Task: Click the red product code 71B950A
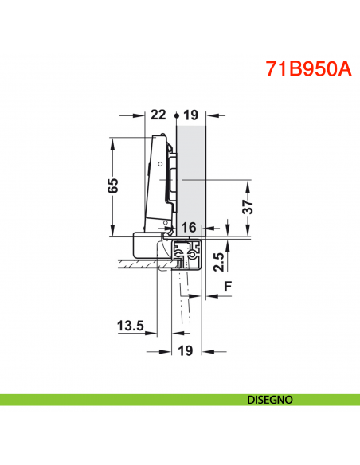coord(307,67)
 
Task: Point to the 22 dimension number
coord(158,115)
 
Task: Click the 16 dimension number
coord(188,228)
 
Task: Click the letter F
coord(229,285)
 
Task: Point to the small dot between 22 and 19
coord(174,115)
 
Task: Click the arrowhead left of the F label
coord(210,295)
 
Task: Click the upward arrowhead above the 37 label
coord(248,186)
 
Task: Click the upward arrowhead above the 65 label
coord(113,141)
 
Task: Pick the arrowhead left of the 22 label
coord(146,115)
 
